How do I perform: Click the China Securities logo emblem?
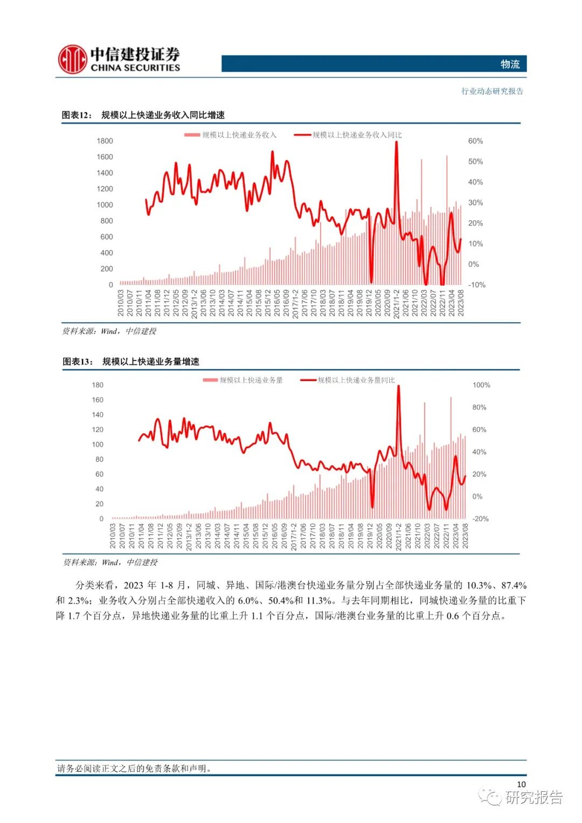pos(72,59)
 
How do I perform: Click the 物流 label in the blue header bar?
pos(510,64)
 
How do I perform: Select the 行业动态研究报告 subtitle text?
pos(492,91)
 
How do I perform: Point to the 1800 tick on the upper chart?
pos(105,141)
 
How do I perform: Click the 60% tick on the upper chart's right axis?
pos(475,141)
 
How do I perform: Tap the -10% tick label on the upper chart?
pos(476,285)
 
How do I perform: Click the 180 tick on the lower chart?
pos(98,385)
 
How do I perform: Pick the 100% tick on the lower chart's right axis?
pos(481,385)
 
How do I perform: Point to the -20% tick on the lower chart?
pos(480,518)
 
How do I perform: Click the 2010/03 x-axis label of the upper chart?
pos(121,303)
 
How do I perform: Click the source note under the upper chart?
pos(109,331)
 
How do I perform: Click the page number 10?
pos(521,784)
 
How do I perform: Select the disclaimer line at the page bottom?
pos(134,769)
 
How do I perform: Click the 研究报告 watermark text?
pos(533,797)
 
